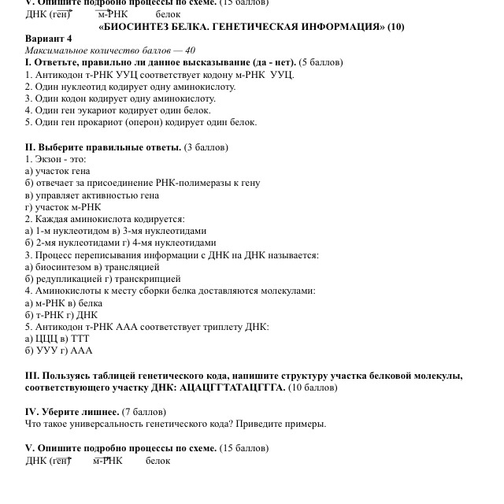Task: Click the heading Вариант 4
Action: tap(49, 38)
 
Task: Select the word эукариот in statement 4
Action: tap(96, 111)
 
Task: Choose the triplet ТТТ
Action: tap(80, 339)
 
